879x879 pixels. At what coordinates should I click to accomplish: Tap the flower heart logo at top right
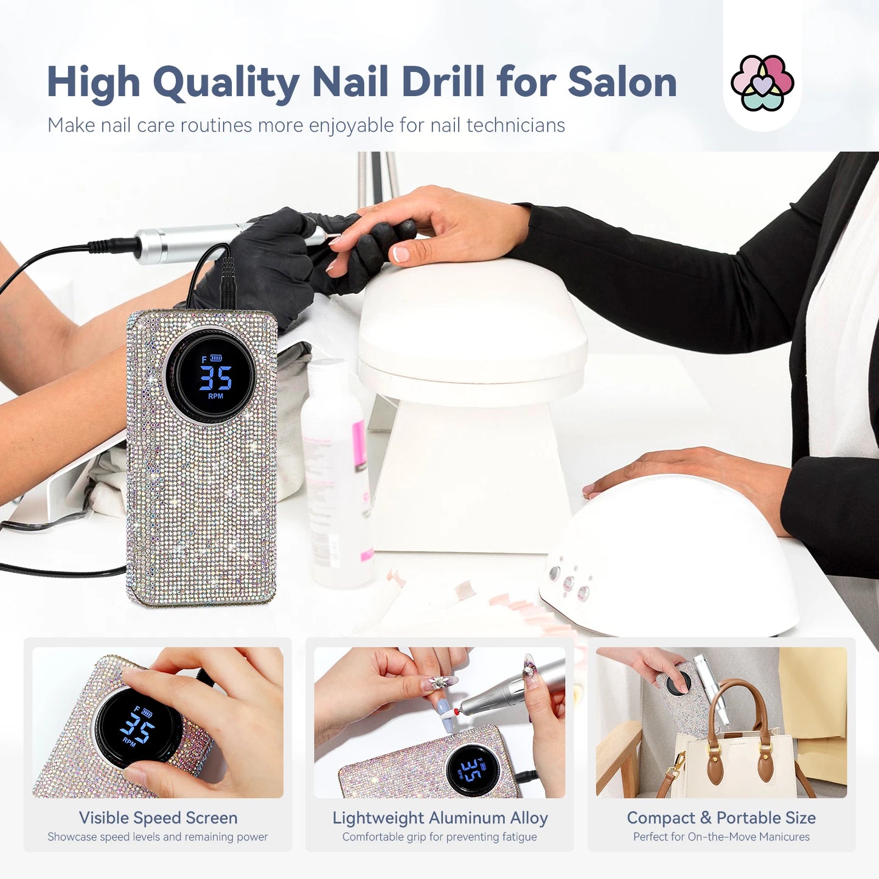[762, 83]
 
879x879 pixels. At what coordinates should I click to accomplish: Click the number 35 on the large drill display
[216, 378]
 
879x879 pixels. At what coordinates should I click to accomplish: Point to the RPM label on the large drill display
[216, 396]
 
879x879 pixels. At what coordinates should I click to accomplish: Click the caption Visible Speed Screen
[158, 818]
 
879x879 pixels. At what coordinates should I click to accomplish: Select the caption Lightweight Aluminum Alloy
[440, 818]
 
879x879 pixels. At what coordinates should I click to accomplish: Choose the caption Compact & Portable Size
[721, 818]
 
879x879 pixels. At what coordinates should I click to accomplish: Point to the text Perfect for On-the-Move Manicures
[721, 837]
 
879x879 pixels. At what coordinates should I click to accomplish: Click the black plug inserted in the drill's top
[228, 283]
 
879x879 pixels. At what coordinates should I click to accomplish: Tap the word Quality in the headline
[226, 83]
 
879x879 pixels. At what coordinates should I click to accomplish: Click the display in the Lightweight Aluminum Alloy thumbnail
[473, 770]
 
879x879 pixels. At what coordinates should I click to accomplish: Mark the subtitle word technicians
[515, 125]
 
